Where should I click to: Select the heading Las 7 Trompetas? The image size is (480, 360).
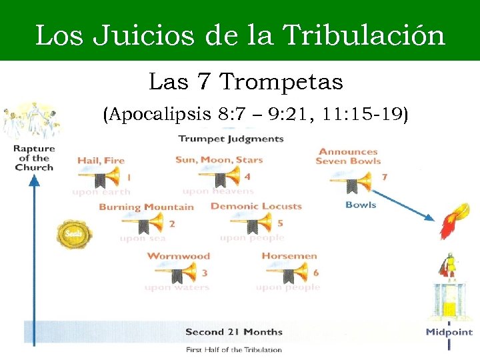pos(245,82)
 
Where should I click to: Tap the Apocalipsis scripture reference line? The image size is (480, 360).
pos(255,115)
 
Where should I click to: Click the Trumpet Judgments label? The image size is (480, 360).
pos(231,139)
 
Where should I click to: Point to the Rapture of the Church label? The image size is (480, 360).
pos(34,158)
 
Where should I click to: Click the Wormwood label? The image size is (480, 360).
pos(178,256)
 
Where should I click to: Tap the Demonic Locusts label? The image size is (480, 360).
pos(256,206)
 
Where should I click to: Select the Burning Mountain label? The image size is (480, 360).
pos(146,207)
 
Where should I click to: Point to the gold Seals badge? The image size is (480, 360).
pos(73,234)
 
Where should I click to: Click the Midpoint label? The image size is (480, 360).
pos(449,331)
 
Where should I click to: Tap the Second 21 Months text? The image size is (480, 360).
pos(233,332)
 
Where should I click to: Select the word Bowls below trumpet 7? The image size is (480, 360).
pos(361,205)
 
